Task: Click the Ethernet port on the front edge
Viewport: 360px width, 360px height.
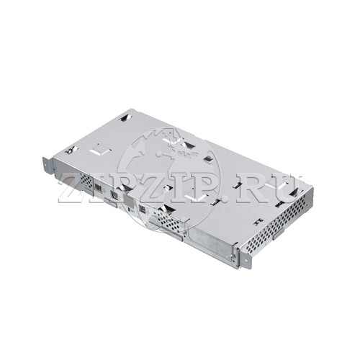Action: coord(98,187)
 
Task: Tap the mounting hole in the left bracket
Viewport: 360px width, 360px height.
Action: coord(45,165)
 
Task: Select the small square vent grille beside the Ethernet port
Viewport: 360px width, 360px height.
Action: coord(86,180)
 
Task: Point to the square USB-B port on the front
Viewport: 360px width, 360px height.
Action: coord(143,210)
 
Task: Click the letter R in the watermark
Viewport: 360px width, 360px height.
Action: coord(252,189)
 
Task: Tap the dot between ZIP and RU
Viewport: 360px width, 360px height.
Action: coord(227,198)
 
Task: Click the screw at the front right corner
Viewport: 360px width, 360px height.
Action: coord(233,256)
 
